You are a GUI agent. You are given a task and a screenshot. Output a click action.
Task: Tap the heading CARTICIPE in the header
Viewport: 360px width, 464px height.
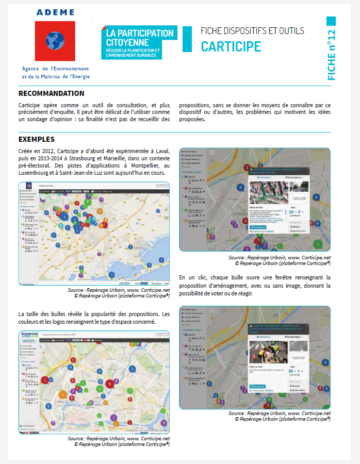(x=231, y=47)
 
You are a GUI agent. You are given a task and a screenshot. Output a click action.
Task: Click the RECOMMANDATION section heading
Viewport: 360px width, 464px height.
(x=51, y=93)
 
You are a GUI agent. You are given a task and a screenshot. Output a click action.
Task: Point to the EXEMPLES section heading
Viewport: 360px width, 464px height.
(x=36, y=139)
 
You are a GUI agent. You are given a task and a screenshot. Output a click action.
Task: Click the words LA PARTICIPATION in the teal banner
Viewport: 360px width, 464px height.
(x=139, y=33)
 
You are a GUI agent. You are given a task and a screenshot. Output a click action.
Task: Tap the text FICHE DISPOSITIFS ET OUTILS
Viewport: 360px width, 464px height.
(x=252, y=31)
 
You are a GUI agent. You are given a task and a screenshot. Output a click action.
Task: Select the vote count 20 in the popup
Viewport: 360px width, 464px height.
(x=292, y=211)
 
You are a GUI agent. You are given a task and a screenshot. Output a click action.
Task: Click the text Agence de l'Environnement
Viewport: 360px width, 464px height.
(x=55, y=69)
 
